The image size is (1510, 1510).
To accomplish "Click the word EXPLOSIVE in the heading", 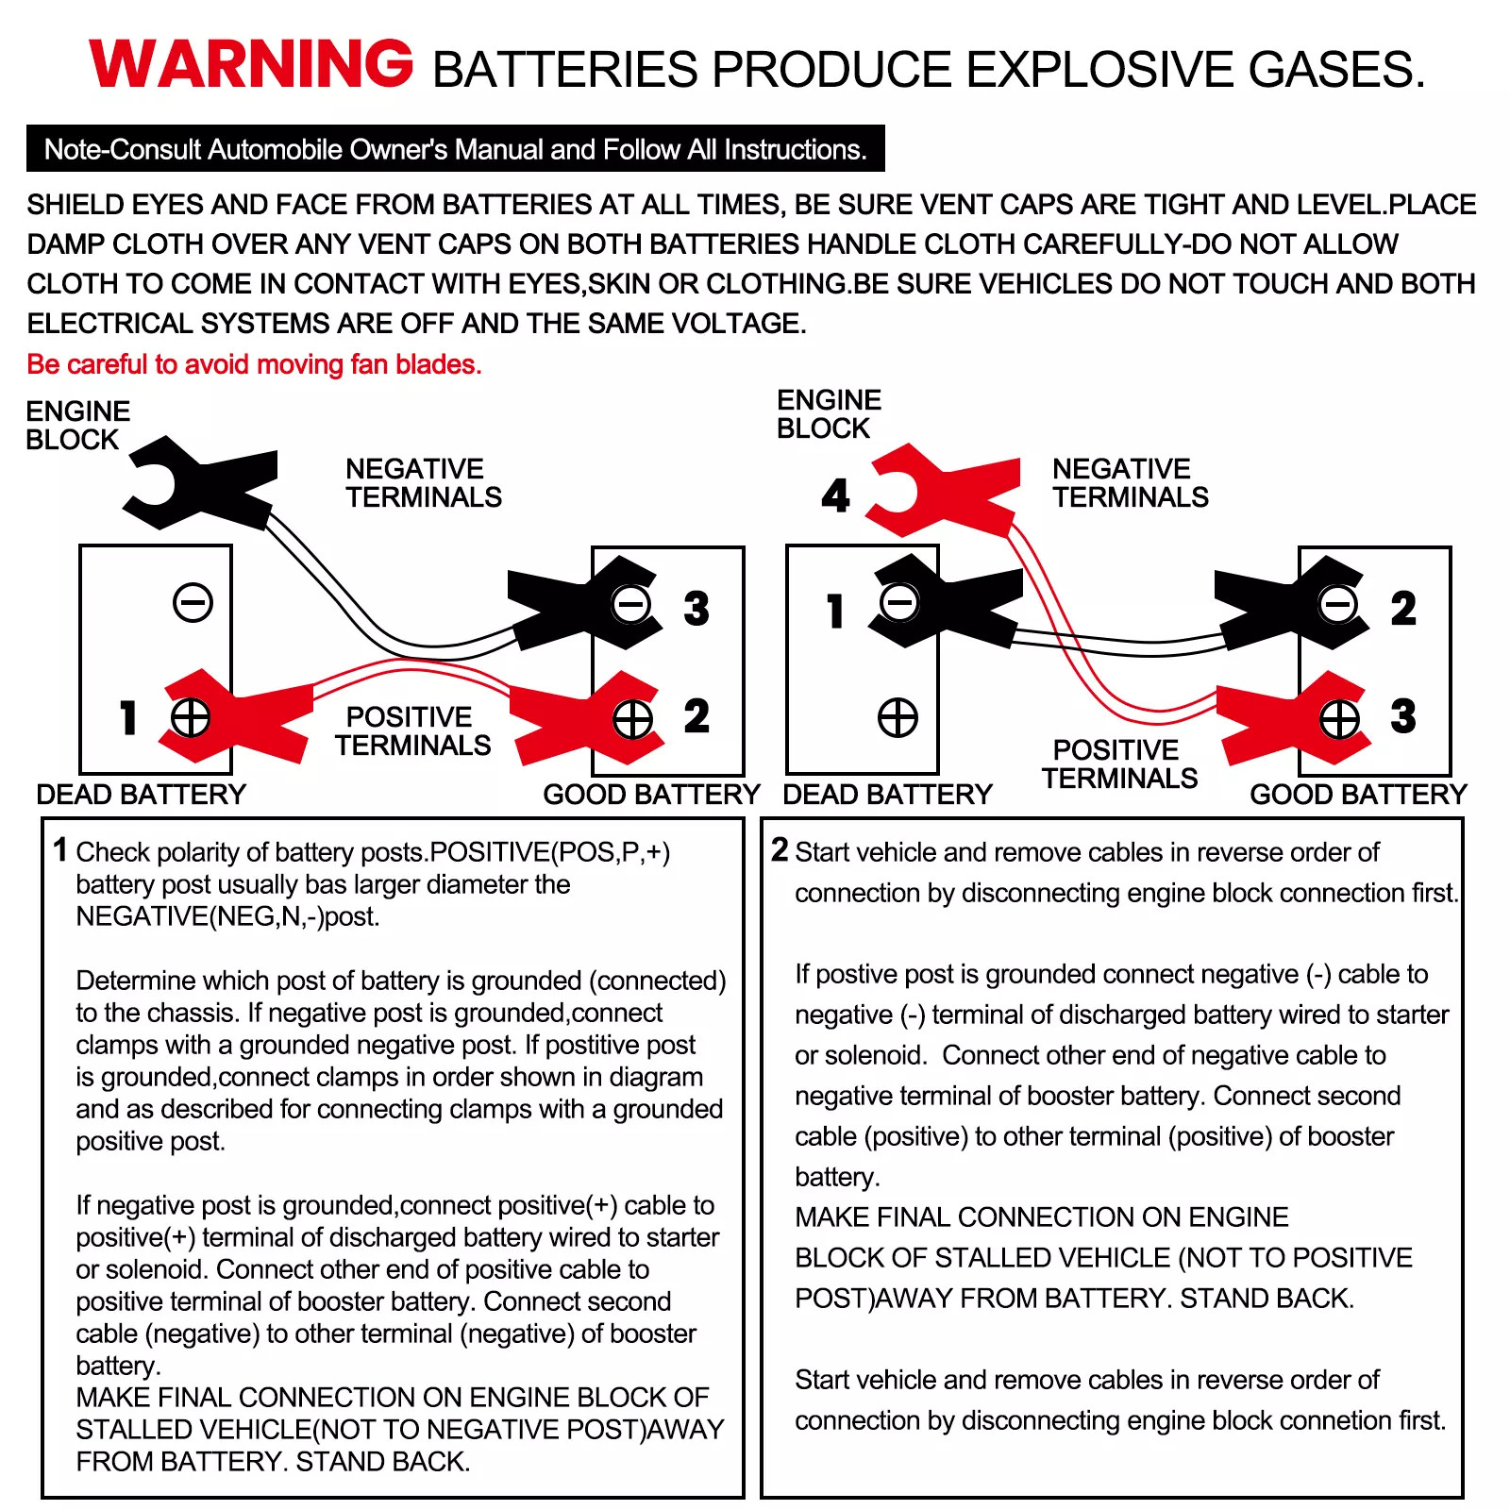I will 1095,70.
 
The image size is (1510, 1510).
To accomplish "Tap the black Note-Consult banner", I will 455,149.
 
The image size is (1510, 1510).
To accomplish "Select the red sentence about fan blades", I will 254,364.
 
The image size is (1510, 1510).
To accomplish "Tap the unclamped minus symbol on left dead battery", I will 193,602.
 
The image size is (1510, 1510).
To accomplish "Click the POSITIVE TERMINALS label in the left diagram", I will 412,731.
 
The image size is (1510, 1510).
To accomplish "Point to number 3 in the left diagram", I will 696,609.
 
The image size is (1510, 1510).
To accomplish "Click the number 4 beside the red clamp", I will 835,495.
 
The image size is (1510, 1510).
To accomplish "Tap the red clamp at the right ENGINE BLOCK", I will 944,491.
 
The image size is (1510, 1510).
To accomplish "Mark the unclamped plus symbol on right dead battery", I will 898,717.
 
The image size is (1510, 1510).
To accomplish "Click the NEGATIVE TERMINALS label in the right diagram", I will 1130,483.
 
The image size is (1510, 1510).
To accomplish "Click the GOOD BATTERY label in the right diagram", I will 1358,795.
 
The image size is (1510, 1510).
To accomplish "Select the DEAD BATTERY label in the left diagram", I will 142,795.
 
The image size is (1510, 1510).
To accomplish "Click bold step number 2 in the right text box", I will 780,849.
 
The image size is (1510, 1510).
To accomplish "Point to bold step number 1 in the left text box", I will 60,849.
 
